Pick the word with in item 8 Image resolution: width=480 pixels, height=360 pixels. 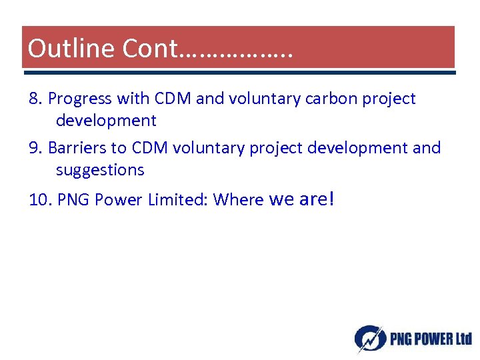133,99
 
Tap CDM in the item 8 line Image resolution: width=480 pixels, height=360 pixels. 173,99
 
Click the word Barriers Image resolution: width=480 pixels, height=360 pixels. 77,147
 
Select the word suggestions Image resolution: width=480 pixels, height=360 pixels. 100,170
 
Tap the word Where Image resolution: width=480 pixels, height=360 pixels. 239,199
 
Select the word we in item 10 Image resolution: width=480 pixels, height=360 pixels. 282,199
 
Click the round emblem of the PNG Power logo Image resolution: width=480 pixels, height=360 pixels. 369,338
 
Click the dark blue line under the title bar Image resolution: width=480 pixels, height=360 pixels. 238,71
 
